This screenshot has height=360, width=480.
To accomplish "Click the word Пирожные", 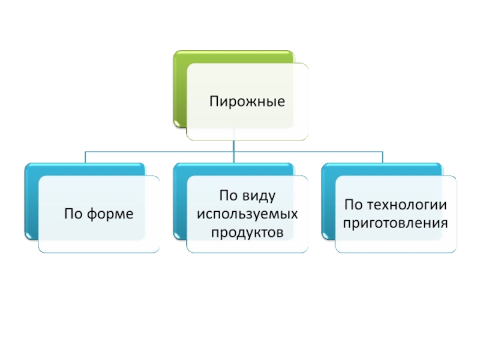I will pos(247,101).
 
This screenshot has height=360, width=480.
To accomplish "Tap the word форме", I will pos(112,214).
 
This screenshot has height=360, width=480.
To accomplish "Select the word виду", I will pos(260,195).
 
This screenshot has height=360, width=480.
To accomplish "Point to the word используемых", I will pos(247,213).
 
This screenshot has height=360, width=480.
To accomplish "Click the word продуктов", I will pos(247,232).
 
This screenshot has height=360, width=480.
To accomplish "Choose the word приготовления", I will pos(395,223).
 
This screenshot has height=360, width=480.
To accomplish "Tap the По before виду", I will pos(228,195).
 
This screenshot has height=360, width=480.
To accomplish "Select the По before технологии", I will pos(353,205).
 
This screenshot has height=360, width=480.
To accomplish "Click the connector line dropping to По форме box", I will pos(85,157).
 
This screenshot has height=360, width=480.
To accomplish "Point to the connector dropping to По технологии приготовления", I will pos(382,157).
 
